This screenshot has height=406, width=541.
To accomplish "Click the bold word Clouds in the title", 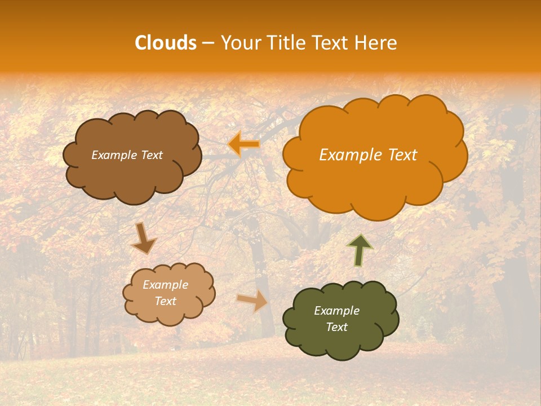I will tap(165, 43).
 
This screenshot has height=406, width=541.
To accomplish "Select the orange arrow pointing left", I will tap(244, 144).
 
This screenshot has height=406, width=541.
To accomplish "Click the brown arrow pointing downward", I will tap(144, 239).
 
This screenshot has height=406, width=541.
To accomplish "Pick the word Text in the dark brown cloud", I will tap(151, 155).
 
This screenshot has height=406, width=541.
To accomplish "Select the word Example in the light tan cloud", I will tap(165, 285).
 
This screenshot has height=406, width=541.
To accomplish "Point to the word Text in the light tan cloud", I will tap(165, 301).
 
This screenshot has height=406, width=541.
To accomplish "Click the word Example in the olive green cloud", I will tap(336, 311).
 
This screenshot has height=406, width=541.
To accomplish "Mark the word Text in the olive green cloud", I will tap(336, 327).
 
